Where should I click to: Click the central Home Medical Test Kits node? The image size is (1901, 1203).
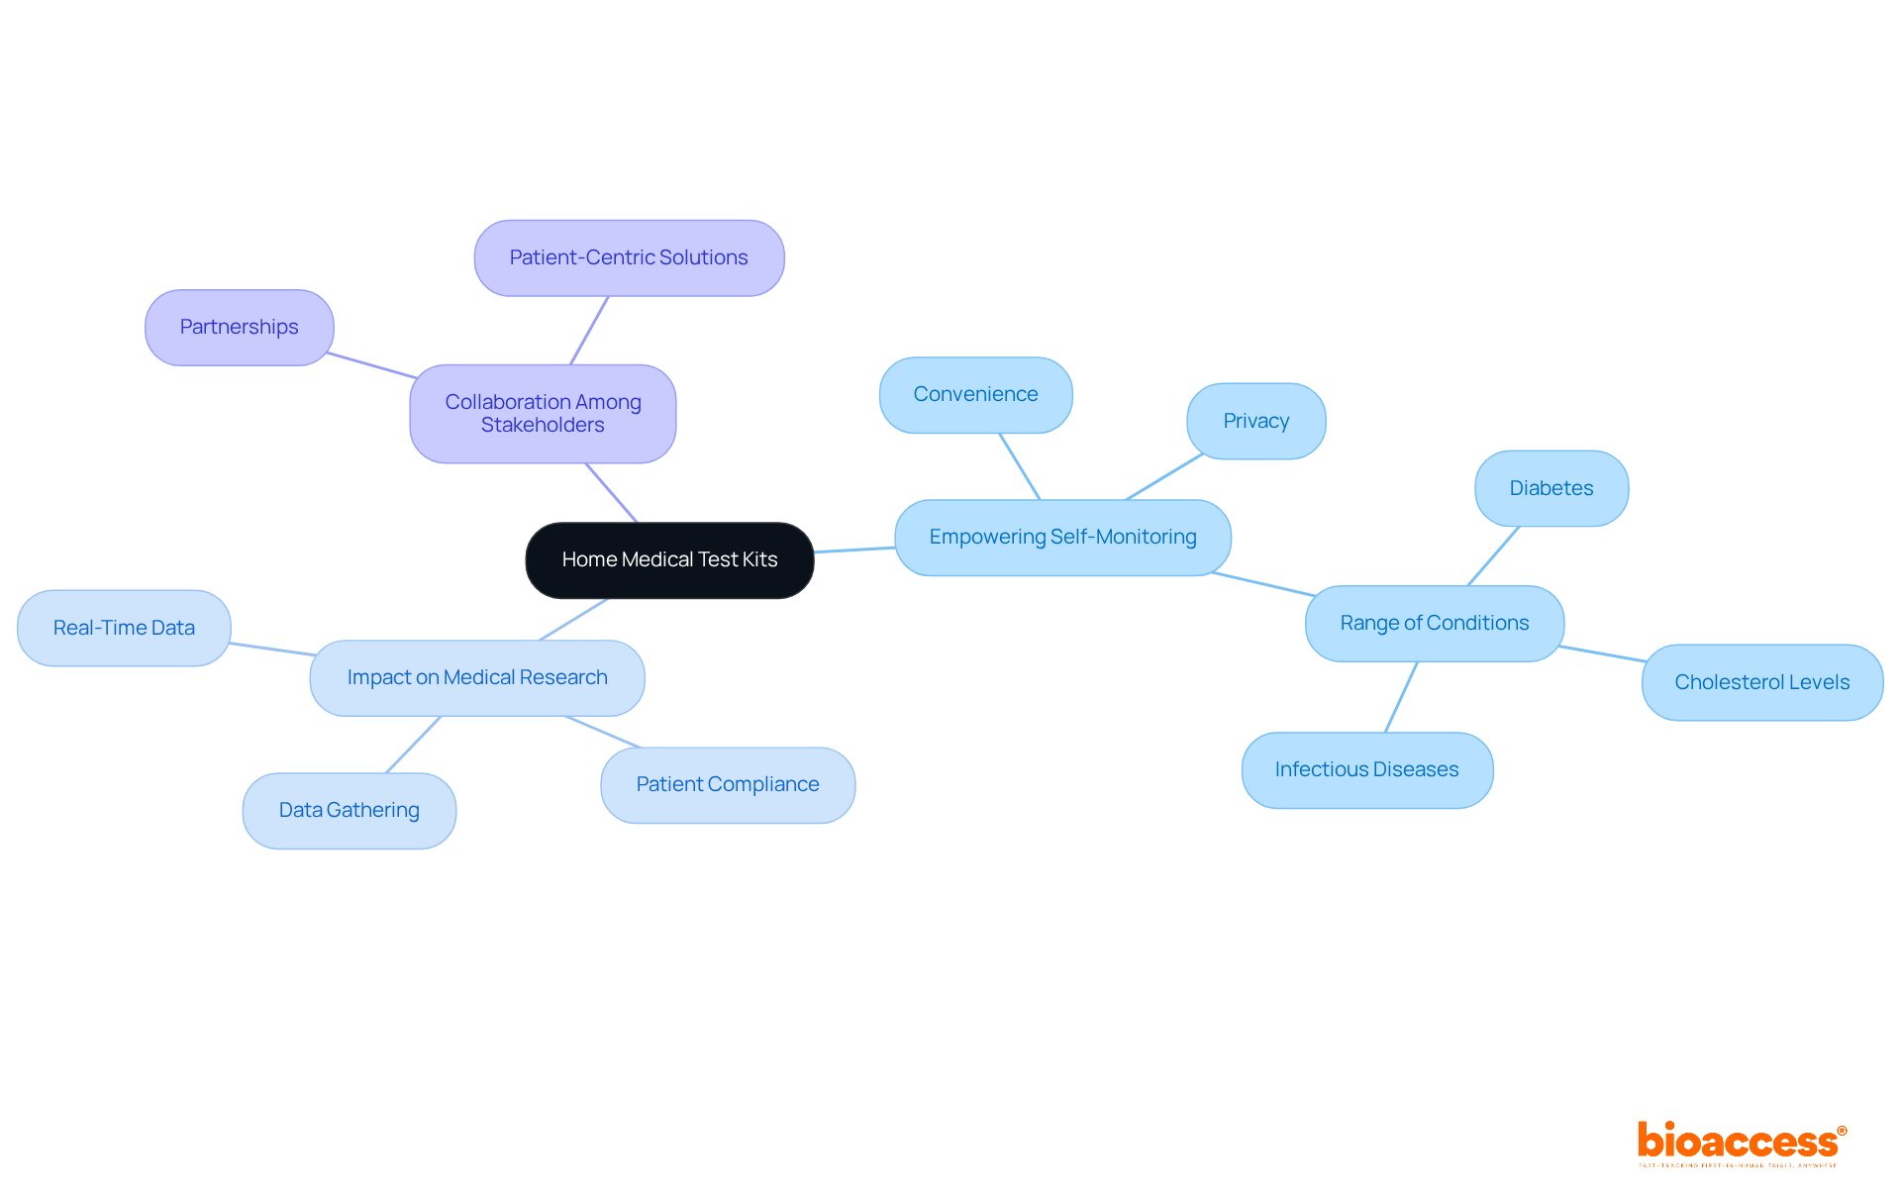[669, 560]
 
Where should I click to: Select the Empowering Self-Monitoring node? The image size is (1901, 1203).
[1062, 538]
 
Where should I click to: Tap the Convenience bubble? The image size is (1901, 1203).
[975, 395]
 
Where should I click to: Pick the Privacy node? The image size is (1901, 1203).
[1255, 422]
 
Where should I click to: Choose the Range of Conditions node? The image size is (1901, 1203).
[1434, 624]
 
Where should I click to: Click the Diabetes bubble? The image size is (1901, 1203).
[1551, 489]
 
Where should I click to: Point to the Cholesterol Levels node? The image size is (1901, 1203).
[1761, 683]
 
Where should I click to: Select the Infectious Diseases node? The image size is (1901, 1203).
[1366, 770]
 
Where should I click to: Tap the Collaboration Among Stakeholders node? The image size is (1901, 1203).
[543, 414]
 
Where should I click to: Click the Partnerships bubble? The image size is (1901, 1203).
[239, 328]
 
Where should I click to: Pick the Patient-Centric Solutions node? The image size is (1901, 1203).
[629, 258]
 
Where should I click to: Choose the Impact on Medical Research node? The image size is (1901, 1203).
[477, 678]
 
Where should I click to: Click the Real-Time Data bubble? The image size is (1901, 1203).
[124, 629]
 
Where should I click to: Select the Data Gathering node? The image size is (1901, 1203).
[349, 811]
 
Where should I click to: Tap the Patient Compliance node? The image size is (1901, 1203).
[728, 785]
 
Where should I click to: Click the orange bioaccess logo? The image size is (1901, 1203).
[1741, 1143]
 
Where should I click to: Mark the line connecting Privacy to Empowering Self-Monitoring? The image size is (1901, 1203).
[1164, 477]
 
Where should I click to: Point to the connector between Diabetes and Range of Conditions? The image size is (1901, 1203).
[1493, 556]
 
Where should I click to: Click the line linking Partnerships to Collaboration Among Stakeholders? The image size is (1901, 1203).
[372, 365]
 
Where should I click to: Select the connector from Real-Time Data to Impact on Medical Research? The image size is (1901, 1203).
[272, 650]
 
